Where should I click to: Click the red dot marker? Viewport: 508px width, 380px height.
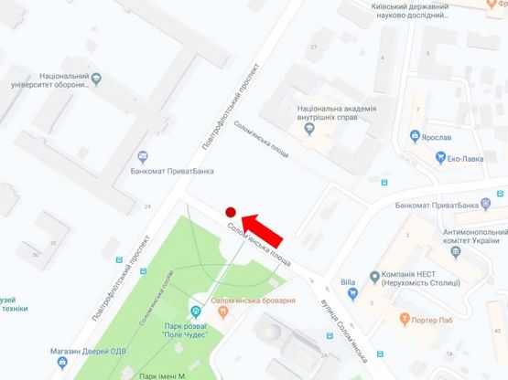coord(231,210)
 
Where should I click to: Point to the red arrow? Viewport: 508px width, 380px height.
coord(264,225)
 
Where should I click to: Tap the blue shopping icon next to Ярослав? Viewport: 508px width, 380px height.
coord(416,136)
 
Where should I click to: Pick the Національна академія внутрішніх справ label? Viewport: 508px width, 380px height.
coord(337,115)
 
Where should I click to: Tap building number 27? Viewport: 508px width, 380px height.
coord(313,46)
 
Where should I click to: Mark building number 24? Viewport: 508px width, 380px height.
coord(148,207)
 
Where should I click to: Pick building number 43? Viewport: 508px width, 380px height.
coord(496,330)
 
